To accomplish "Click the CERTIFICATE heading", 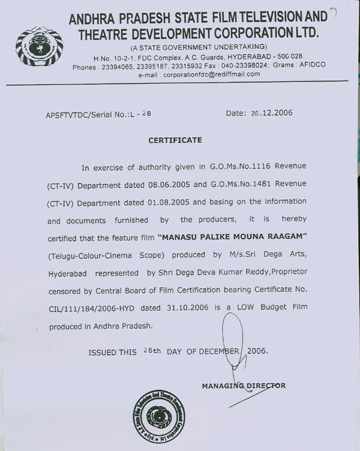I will [x=175, y=140].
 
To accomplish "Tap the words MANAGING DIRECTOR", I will [x=244, y=386].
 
